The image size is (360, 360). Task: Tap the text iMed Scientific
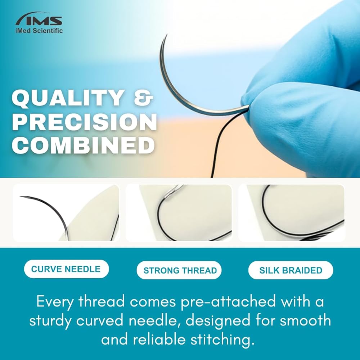tap(39, 31)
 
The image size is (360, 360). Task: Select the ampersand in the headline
tap(144, 98)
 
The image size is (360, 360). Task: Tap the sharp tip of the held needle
tap(166, 35)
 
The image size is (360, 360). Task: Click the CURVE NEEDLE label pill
tap(66, 269)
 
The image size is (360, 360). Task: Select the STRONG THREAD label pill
tap(179, 270)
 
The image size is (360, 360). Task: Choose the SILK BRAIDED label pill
tap(291, 270)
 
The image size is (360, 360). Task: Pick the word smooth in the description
tap(305, 321)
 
